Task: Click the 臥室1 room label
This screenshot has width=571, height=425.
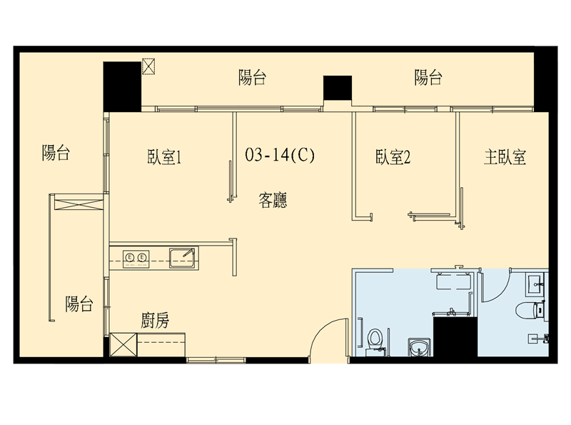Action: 164,157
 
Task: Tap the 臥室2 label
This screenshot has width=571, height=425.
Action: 393,157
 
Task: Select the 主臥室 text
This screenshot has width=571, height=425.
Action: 505,157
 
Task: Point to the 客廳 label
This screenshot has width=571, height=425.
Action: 273,200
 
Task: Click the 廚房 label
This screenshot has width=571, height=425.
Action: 155,321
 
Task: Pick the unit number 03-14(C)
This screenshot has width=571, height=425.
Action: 280,155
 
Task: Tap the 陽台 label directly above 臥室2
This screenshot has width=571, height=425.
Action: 428,78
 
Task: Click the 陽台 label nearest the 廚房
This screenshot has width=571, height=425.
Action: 79,304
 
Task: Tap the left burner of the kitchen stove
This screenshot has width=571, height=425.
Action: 129,258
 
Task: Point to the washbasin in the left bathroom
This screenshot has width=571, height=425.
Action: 419,346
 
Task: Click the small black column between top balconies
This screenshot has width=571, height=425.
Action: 338,88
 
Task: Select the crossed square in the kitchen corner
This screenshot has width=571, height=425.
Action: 123,344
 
